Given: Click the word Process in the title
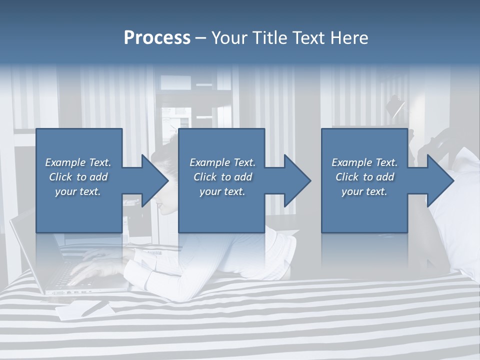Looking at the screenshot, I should (x=157, y=38).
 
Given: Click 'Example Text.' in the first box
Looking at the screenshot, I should (x=78, y=162).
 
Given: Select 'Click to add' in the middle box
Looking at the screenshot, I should (x=222, y=177).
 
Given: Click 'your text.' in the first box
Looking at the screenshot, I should (x=78, y=191).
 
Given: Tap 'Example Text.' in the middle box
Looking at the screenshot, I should (x=222, y=162).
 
